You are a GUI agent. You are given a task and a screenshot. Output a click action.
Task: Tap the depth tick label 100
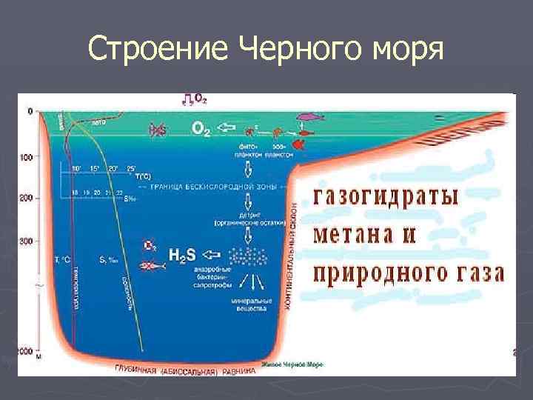(x=27, y=158)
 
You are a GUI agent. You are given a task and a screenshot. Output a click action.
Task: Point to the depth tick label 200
(x=27, y=199)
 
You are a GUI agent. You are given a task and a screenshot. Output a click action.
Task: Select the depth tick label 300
(x=27, y=241)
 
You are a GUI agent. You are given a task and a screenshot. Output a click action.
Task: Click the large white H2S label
(x=181, y=256)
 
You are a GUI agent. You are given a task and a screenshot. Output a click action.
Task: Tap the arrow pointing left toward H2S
(x=213, y=255)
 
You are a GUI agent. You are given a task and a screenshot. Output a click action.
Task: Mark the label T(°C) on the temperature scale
(x=144, y=176)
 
